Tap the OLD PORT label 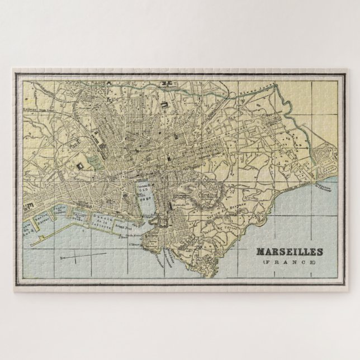pos(144,194)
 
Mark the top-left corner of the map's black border pos(13,70)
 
